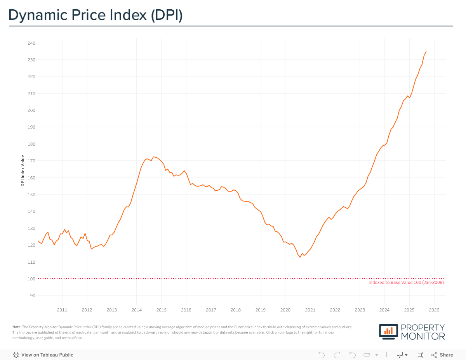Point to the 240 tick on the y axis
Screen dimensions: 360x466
[x=31, y=43]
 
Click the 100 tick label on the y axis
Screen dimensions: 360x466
[x=31, y=279]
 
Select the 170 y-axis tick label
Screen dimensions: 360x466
[x=31, y=161]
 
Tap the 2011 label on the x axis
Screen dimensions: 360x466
[x=62, y=310]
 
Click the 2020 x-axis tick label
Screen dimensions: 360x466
[x=285, y=310]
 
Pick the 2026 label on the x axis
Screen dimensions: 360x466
[x=434, y=310]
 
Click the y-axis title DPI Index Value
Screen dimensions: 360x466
[x=23, y=170]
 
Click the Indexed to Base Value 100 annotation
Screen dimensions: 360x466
[x=406, y=283]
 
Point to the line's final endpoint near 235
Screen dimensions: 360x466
[x=426, y=51]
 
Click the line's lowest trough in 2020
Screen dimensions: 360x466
[x=300, y=257]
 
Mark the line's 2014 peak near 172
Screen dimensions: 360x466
[x=153, y=157]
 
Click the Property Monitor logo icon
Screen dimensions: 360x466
[x=388, y=331]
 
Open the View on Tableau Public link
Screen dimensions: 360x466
[x=47, y=355]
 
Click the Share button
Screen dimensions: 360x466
[x=442, y=355]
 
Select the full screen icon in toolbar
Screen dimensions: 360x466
[x=419, y=355]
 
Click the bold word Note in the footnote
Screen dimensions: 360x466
[x=17, y=327]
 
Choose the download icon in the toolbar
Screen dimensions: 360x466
[x=400, y=355]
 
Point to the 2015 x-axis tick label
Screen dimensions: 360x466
[x=161, y=310]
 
